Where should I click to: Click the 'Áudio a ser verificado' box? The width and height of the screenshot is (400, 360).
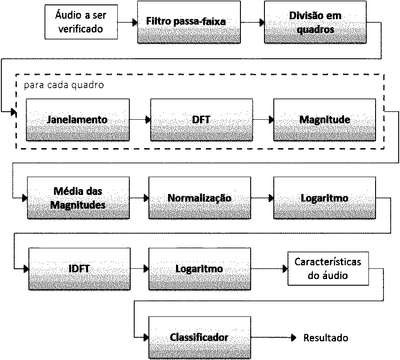(81, 22)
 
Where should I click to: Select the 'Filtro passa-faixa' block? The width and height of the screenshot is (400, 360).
(189, 22)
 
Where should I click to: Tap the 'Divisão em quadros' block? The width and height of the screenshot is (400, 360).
(315, 22)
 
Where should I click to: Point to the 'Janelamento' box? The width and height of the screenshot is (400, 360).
(78, 120)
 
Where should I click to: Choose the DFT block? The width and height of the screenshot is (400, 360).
(201, 120)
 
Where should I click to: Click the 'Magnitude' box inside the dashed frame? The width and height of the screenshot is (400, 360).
(324, 120)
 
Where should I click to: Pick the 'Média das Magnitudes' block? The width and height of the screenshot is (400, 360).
(78, 198)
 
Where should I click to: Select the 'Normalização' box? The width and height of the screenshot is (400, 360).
(199, 198)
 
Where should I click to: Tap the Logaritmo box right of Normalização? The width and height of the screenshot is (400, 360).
(324, 198)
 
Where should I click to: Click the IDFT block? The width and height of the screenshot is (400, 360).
(79, 269)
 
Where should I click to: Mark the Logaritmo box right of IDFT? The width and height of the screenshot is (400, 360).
(199, 269)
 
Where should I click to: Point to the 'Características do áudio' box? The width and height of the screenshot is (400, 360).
(328, 269)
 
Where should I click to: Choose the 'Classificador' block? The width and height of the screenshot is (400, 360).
(199, 338)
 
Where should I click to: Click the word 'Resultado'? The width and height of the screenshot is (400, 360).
(326, 338)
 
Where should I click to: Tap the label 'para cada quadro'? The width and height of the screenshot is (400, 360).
(64, 85)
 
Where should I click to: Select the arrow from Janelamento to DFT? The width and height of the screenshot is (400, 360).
(140, 120)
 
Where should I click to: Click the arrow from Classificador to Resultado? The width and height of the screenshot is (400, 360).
(273, 338)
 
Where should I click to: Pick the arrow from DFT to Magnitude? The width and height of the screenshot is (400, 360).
(263, 120)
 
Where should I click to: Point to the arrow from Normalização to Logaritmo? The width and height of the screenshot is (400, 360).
(262, 198)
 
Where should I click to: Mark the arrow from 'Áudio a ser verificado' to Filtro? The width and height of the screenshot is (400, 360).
(128, 22)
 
